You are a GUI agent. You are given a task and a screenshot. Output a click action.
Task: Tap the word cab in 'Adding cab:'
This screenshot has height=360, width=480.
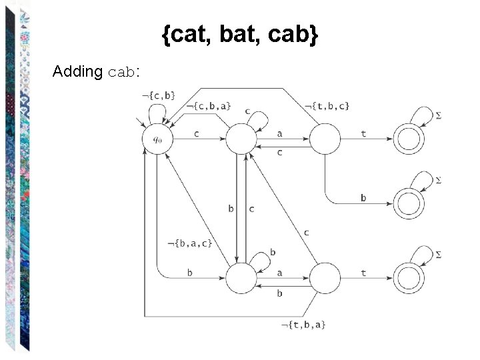pyautogui.click(x=121, y=72)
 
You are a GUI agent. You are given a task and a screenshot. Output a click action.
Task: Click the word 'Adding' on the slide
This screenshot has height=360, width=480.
pyautogui.click(x=77, y=71)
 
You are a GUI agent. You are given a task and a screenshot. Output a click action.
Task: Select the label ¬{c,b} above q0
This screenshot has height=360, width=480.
pyautogui.click(x=159, y=95)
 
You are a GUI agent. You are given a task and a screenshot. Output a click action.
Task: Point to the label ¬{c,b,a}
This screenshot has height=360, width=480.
pyautogui.click(x=208, y=105)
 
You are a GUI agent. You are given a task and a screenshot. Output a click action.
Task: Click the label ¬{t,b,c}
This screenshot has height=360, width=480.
pyautogui.click(x=327, y=105)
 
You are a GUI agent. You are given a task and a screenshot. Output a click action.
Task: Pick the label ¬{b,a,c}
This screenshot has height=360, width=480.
pyautogui.click(x=190, y=243)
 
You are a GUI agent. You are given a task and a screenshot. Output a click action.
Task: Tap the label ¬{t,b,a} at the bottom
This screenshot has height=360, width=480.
pyautogui.click(x=303, y=324)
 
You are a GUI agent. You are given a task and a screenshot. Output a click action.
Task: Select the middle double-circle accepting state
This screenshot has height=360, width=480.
pyautogui.click(x=409, y=203)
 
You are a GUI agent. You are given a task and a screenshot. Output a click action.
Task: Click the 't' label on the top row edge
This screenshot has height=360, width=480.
pyautogui.click(x=363, y=133)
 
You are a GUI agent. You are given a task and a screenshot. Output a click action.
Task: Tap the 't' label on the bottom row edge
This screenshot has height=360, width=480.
pyautogui.click(x=363, y=272)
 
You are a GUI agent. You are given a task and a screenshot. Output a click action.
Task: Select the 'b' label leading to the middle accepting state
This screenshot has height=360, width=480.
pyautogui.click(x=363, y=197)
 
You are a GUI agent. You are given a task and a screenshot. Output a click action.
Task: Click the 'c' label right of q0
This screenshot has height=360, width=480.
pyautogui.click(x=197, y=133)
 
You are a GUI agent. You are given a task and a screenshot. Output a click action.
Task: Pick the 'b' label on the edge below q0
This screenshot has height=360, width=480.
pyautogui.click(x=190, y=272)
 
